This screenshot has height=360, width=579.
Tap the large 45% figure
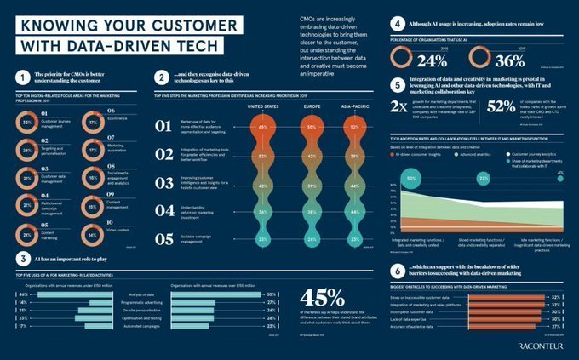[323, 299]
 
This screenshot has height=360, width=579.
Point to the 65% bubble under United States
[263, 127]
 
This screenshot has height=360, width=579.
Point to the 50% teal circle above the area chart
[412, 180]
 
